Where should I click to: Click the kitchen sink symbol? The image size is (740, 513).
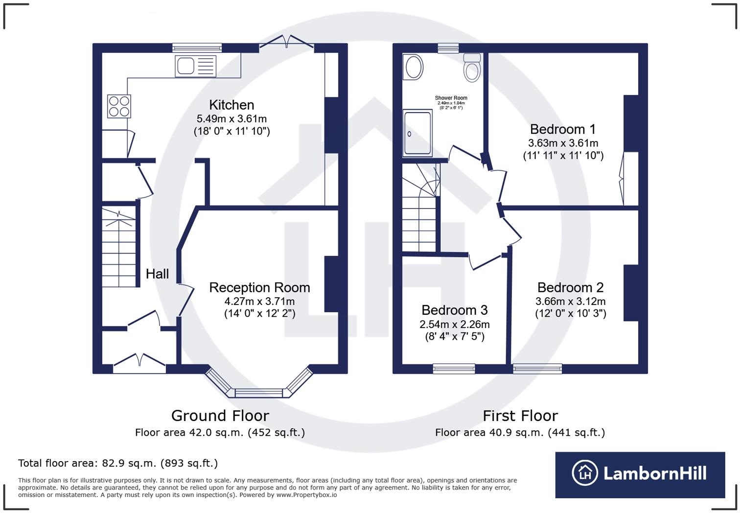tap(196, 66)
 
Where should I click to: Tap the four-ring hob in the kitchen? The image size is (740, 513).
tap(119, 106)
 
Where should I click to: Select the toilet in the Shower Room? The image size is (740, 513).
tap(472, 68)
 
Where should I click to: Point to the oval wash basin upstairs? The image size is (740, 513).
tap(413, 68)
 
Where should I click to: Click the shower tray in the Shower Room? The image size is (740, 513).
tap(417, 133)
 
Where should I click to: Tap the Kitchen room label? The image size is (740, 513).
tap(231, 105)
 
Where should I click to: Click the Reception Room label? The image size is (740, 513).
tap(260, 287)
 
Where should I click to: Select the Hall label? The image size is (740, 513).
tap(157, 274)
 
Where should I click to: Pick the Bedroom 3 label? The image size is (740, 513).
tap(455, 310)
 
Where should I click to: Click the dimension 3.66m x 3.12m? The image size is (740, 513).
tap(571, 301)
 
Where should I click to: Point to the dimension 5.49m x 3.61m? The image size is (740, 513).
tap(231, 118)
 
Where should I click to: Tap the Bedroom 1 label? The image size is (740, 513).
tap(563, 129)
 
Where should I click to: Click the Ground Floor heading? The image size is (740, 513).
tap(220, 416)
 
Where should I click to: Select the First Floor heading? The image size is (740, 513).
tap(520, 416)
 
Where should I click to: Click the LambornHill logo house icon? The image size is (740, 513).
tap(585, 473)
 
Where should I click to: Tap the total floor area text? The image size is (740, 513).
tap(118, 463)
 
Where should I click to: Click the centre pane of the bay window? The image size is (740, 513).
tap(259, 393)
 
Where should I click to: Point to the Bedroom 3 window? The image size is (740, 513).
tap(454, 369)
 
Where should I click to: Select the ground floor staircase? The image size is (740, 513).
tap(118, 247)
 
